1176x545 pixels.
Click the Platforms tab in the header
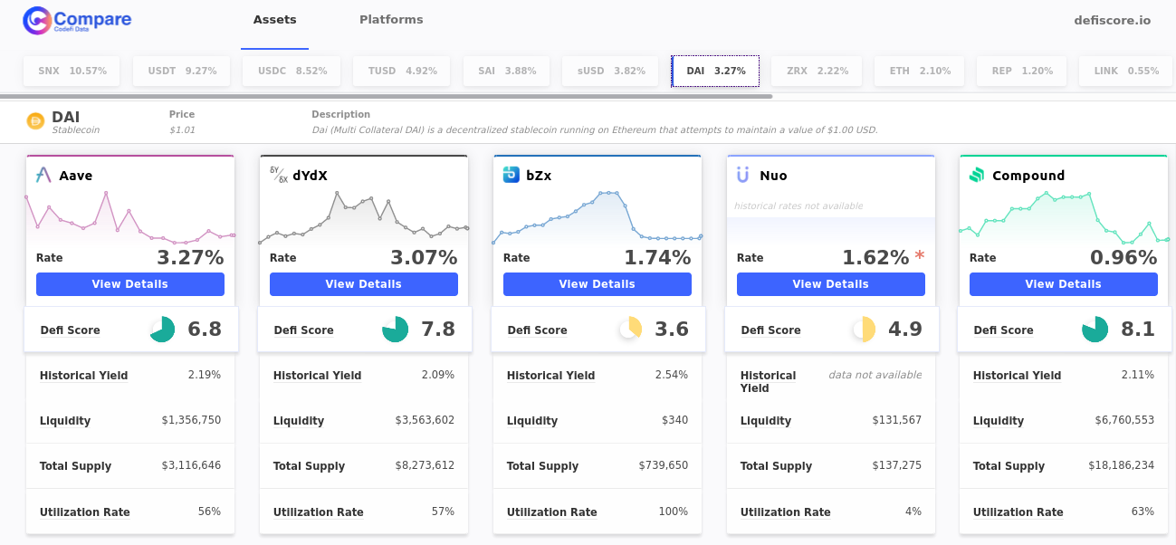(x=391, y=20)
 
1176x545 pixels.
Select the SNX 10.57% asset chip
(x=72, y=71)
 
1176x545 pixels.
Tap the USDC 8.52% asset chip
(x=292, y=71)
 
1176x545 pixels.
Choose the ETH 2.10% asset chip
(x=920, y=71)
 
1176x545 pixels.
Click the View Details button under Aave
(x=130, y=284)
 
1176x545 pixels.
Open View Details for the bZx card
(x=598, y=284)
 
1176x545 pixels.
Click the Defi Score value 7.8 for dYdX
(x=438, y=330)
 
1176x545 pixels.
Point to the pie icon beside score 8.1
(x=1095, y=330)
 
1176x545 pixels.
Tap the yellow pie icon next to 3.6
(x=630, y=330)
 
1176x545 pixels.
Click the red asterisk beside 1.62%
(x=920, y=256)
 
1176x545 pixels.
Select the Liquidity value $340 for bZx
(x=674, y=420)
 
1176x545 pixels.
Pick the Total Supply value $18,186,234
(x=1121, y=465)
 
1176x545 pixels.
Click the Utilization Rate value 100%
(x=674, y=512)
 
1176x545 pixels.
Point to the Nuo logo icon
(x=743, y=175)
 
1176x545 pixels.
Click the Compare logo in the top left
(x=78, y=20)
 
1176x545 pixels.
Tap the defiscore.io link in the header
(x=1112, y=20)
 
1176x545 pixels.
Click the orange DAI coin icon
(x=36, y=121)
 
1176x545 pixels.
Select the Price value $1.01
(x=182, y=130)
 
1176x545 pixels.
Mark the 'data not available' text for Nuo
(x=875, y=375)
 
